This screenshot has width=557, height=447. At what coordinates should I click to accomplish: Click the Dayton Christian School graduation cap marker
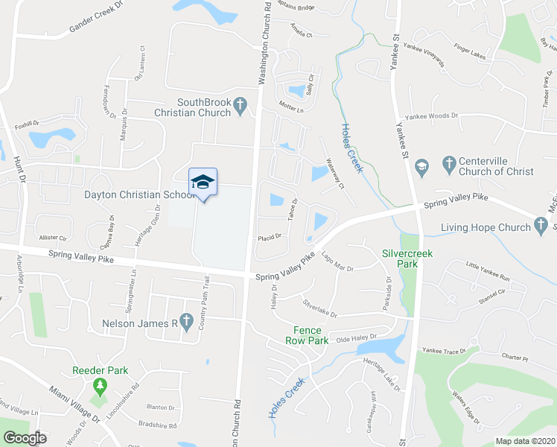(203, 182)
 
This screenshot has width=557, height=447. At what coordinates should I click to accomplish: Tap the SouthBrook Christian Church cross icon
(240, 108)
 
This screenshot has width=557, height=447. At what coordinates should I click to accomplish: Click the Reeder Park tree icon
(101, 386)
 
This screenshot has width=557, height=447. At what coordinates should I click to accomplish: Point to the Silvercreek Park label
(407, 259)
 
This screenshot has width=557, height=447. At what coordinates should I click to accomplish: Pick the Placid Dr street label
(269, 237)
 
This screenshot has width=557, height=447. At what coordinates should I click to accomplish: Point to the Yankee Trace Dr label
(445, 349)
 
